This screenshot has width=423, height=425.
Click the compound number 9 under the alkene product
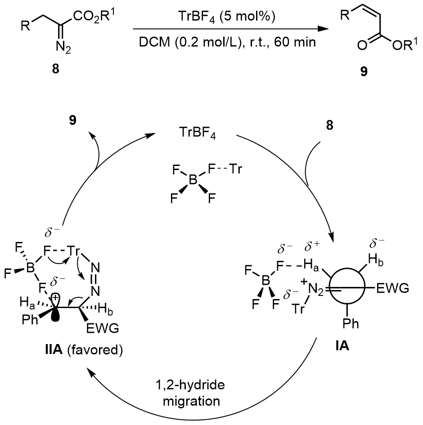(x=363, y=72)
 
